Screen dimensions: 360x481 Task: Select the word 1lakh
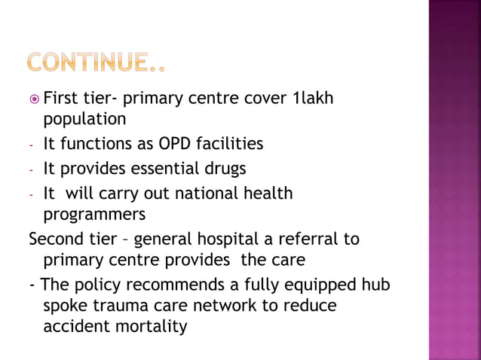(x=311, y=99)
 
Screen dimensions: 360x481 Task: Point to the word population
(x=84, y=119)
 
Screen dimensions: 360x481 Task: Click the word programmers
(x=94, y=214)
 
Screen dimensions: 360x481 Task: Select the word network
(x=237, y=307)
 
